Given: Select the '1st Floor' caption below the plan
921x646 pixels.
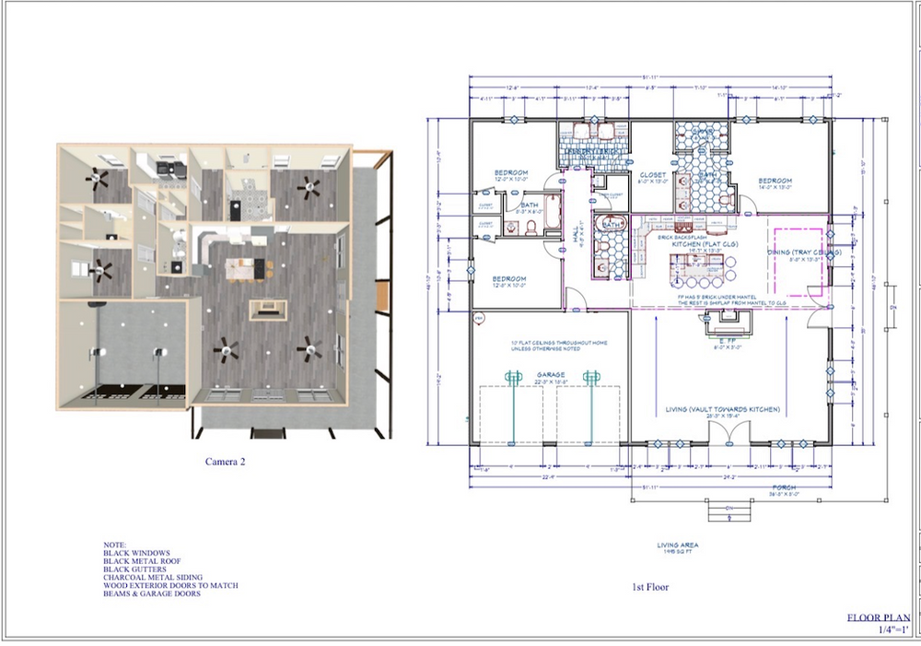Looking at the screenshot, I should pos(650,587).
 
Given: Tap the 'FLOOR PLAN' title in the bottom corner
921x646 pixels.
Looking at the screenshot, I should pos(880,618).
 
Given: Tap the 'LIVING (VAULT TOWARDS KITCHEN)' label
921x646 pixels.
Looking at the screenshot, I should pos(724,408).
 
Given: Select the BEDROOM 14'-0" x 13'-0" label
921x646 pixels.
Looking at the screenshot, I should pos(776,182).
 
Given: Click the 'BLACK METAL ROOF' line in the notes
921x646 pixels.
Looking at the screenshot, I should pos(142,560).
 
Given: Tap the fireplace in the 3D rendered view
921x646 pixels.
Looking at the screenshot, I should pos(267,309).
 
